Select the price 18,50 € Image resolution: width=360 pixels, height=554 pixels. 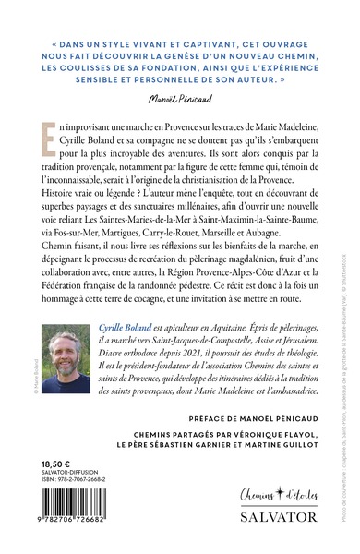point(50,442)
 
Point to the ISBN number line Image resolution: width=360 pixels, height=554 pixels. point(75,464)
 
